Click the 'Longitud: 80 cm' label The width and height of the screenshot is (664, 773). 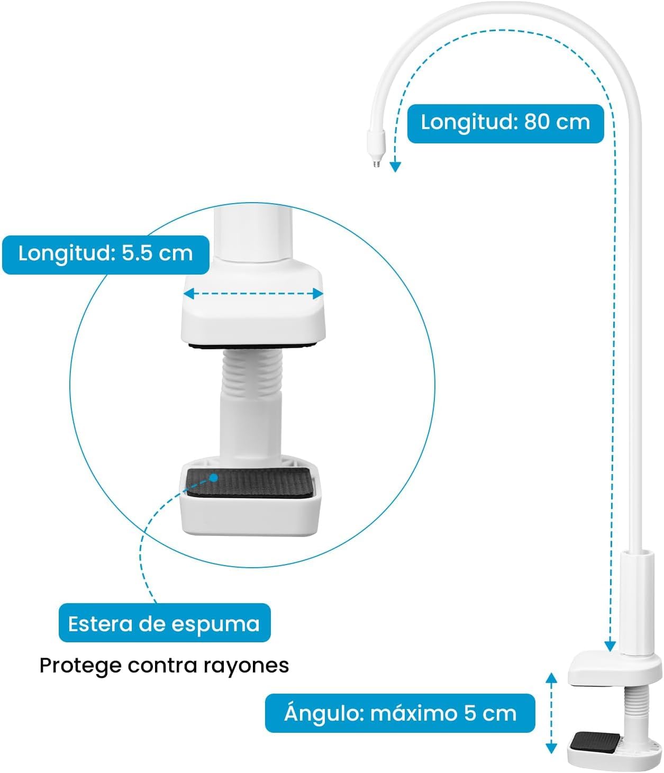pos(505,123)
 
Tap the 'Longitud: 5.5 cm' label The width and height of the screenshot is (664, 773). pos(106,254)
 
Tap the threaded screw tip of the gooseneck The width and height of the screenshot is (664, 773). pos(376,163)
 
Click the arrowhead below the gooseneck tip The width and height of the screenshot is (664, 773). pos(395,167)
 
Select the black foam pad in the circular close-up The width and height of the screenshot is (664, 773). pos(249,483)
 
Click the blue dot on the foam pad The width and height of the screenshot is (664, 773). pos(213,478)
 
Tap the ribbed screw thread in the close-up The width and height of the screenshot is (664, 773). pos(252,372)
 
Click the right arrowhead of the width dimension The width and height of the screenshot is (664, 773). pos(318,294)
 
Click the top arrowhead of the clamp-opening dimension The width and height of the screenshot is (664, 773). pos(551,678)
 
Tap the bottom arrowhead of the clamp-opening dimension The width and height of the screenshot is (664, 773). pos(551,748)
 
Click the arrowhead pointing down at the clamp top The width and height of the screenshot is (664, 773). pos(610,646)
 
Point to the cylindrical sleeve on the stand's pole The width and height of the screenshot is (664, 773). pos(637,603)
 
